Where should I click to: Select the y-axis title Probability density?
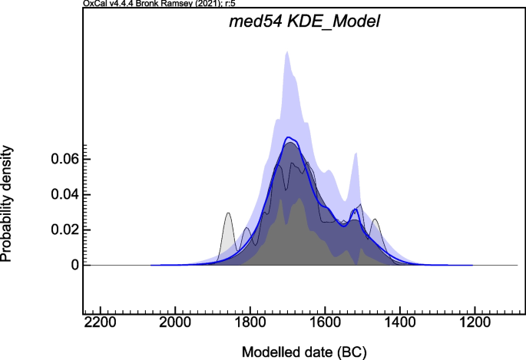pos(8,203)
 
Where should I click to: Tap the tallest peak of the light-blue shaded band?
pos(287,54)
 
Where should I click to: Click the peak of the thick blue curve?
pos(289,139)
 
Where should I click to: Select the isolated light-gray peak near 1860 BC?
pos(228,215)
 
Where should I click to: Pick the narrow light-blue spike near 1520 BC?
pos(356,155)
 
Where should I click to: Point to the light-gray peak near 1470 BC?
pos(375,222)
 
